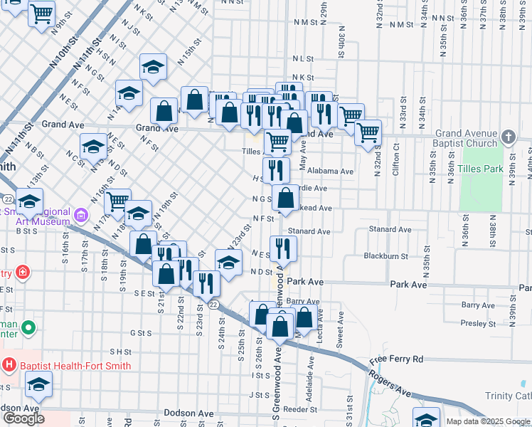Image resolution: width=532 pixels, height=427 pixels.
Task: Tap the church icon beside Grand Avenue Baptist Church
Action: (509, 136)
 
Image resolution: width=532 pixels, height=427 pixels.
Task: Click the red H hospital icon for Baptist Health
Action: (9, 366)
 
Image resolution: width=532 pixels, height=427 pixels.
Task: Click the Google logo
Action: (23, 418)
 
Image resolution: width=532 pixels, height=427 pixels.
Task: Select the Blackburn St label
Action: (385, 255)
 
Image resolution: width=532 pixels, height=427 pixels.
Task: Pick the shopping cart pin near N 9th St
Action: (42, 12)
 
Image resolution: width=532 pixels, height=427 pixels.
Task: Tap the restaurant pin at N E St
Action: (284, 248)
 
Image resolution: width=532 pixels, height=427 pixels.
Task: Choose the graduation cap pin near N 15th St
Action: (152, 67)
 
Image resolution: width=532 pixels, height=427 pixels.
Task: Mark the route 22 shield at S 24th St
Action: (213, 304)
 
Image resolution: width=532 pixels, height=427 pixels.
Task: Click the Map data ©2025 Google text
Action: (487, 421)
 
